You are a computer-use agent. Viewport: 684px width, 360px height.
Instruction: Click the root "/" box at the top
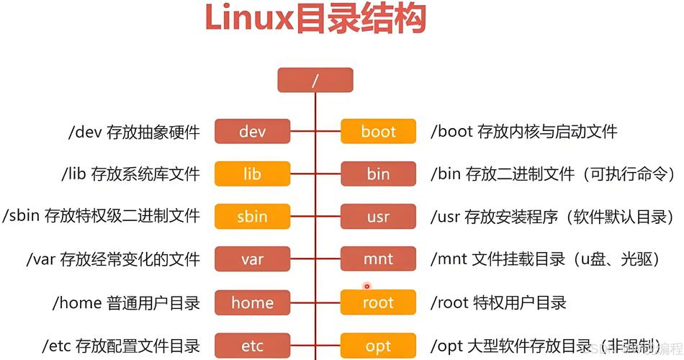(x=315, y=80)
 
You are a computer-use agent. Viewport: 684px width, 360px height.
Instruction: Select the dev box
(x=252, y=132)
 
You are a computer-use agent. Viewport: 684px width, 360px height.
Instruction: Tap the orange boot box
(x=378, y=132)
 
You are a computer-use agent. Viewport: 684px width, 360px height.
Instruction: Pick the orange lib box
(x=252, y=174)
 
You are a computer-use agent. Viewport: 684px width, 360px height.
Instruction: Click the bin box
(x=378, y=174)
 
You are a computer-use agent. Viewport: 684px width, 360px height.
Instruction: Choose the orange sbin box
(x=252, y=216)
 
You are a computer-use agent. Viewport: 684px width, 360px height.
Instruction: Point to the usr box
(x=378, y=216)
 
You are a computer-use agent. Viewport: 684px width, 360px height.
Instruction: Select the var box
(x=252, y=259)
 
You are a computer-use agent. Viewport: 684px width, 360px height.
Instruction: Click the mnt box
(x=378, y=259)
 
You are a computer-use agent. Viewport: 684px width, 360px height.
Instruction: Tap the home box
(x=252, y=302)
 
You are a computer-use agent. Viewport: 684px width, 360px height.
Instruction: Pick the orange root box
(x=378, y=302)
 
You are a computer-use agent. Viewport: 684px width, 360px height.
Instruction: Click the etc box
(x=252, y=346)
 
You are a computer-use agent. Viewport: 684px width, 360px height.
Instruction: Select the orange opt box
(x=378, y=346)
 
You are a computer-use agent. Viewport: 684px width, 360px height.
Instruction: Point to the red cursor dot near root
(x=366, y=287)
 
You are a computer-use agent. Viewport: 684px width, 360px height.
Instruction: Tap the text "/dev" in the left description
(x=85, y=132)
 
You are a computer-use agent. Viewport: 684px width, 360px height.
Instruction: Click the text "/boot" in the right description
(x=452, y=132)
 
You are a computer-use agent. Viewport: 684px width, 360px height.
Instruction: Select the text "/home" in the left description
(x=76, y=302)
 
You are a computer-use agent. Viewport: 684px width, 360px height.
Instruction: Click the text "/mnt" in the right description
(x=449, y=259)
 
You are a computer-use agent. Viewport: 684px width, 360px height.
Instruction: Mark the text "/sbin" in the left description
(x=22, y=216)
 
